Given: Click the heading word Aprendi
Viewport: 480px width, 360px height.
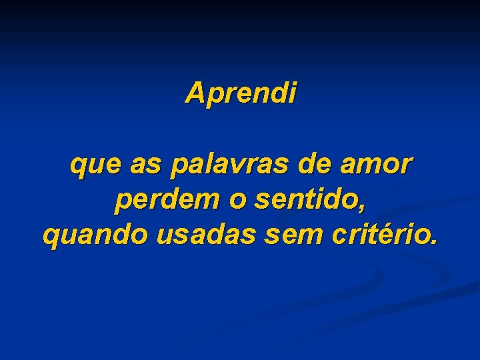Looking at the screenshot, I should click(x=241, y=93).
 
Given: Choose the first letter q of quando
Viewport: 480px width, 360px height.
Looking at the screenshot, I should click(x=49, y=238).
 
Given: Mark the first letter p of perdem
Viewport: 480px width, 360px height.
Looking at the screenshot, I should click(x=121, y=203).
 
